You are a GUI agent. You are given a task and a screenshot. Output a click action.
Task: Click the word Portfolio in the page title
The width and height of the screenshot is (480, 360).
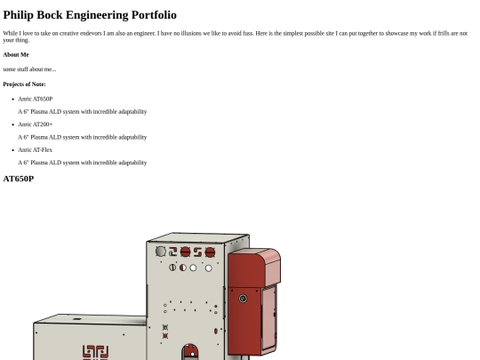[x=154, y=15]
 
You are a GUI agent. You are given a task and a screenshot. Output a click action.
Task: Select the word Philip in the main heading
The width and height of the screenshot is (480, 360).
[x=18, y=15]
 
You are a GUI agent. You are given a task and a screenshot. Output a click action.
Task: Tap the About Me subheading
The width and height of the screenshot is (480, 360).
[x=16, y=55]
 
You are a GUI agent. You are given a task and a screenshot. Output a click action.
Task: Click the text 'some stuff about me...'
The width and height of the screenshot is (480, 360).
[x=29, y=69]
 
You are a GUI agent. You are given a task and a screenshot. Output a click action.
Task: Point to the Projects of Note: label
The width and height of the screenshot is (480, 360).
[x=24, y=84]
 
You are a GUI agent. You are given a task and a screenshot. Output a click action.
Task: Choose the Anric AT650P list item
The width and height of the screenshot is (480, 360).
[x=36, y=99]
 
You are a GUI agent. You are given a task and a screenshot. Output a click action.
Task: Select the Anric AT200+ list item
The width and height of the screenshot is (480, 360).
[x=36, y=124]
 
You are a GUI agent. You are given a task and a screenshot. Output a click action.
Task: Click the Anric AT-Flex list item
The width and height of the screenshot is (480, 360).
[x=36, y=149]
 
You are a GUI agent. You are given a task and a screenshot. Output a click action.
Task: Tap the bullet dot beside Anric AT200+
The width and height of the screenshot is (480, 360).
[x=12, y=124]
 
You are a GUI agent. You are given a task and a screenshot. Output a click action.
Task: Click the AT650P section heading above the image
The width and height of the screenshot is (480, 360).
[x=19, y=179]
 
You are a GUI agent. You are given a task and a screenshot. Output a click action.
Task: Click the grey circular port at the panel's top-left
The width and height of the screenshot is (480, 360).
[x=161, y=252]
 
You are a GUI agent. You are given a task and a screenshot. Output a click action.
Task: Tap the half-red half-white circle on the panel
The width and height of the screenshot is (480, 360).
[x=183, y=268]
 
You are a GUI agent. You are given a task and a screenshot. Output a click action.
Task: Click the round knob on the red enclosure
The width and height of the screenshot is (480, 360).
[x=243, y=299]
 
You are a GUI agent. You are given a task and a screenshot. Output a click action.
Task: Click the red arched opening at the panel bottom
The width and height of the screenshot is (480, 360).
[x=190, y=352]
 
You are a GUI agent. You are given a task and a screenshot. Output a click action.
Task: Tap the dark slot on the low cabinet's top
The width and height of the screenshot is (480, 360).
[x=77, y=319]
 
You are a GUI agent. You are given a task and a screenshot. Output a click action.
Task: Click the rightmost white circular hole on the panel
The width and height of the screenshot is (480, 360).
[x=209, y=268]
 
